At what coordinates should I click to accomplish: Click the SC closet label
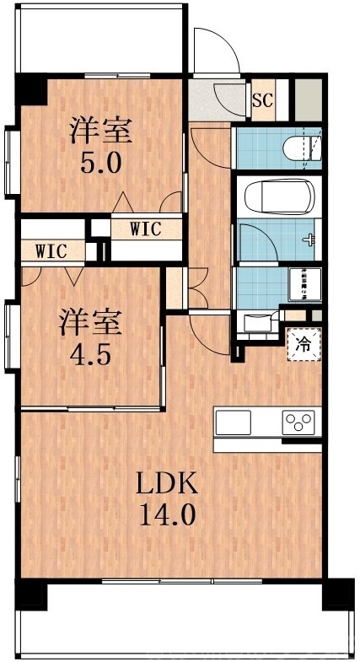(x=263, y=100)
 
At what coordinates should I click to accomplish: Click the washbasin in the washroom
(x=256, y=321)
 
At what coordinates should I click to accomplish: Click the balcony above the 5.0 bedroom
(x=99, y=42)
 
